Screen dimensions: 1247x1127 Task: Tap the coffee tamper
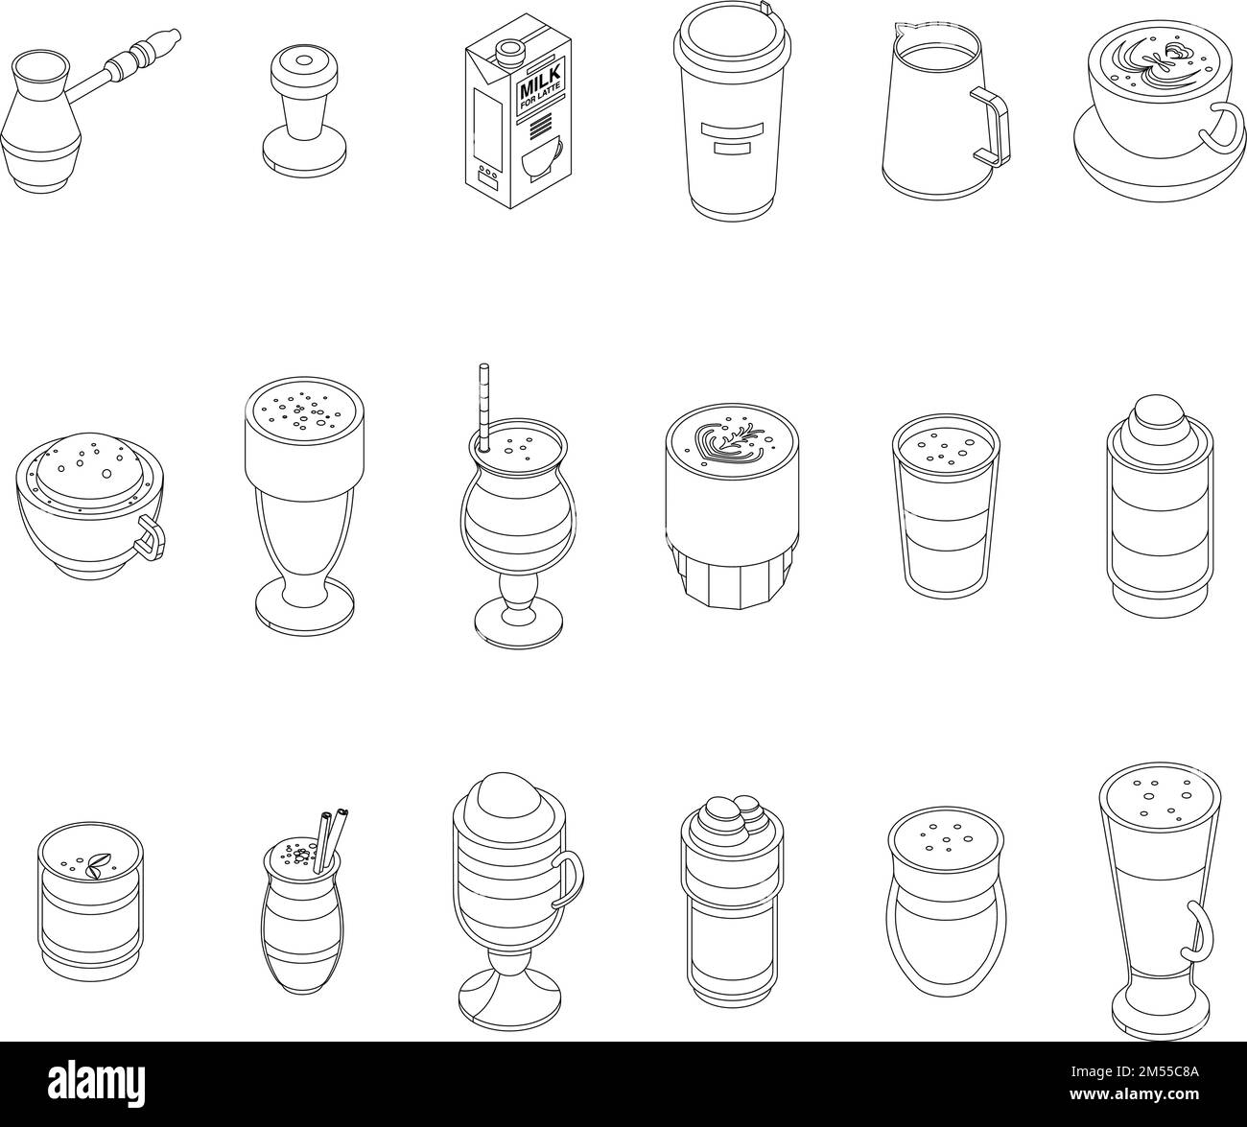pyautogui.click(x=303, y=108)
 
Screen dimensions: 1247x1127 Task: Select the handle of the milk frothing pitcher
pyautogui.click(x=991, y=128)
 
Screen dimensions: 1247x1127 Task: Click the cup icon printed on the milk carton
pyautogui.click(x=542, y=159)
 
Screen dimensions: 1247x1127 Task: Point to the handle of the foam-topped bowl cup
pyautogui.click(x=151, y=534)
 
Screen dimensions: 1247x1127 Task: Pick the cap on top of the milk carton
pyautogui.click(x=508, y=50)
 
